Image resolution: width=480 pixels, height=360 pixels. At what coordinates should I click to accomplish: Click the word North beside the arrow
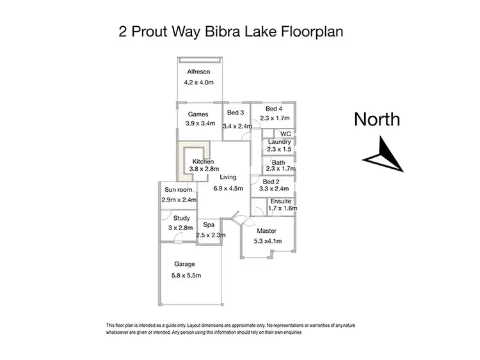pos(378,119)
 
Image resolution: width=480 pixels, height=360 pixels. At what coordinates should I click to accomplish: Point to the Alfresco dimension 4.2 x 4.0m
pos(200,82)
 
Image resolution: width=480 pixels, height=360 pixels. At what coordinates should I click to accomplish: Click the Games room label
pos(198,114)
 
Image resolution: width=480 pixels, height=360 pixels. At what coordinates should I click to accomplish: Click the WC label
pos(285,134)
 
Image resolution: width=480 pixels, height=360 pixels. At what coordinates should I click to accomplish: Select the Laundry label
pos(280,142)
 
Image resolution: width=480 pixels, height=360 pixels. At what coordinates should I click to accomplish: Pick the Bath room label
pos(278,162)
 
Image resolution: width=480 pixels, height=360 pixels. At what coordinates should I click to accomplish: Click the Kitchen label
pos(203,161)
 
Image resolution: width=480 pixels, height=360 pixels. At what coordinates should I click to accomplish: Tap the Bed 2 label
pos(272,181)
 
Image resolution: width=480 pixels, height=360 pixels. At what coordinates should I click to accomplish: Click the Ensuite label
pos(280,201)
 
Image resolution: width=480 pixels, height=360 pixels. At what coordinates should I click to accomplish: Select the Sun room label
pos(178,190)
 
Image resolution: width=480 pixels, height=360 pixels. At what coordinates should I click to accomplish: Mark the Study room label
pos(181,219)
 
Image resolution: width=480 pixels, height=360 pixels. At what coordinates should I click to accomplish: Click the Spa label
pos(208,225)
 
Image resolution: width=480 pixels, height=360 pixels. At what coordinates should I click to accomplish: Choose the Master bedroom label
pos(266,231)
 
